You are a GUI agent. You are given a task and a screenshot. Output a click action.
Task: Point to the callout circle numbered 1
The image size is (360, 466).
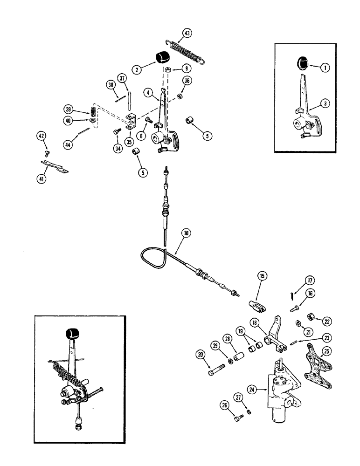(325, 68)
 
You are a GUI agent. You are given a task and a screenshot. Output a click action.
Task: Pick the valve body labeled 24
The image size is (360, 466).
(282, 390)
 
